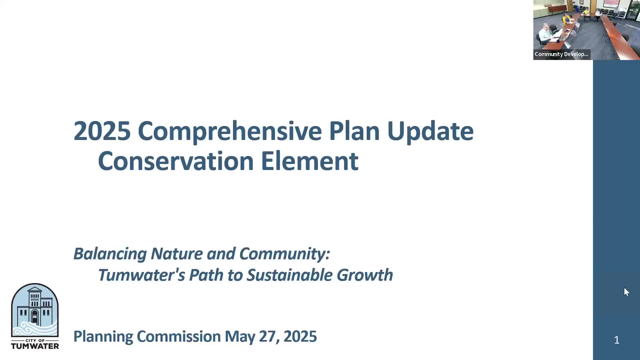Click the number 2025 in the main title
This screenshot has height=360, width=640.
102,131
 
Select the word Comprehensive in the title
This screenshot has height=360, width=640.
230,131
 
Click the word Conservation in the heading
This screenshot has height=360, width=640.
176,161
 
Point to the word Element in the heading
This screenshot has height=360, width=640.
310,161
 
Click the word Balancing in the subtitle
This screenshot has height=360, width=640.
110,254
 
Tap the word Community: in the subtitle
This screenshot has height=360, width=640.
285,254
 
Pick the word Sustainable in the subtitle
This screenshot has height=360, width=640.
290,275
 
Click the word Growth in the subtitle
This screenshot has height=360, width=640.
365,275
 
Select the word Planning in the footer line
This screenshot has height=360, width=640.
103,337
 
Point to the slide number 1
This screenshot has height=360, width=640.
616,340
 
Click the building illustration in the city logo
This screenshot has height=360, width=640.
35,307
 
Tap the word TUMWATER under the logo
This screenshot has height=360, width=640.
35,346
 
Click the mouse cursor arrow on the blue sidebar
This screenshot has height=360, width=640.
626,292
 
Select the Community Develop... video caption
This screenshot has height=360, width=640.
561,54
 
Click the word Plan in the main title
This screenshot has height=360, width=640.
354,131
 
